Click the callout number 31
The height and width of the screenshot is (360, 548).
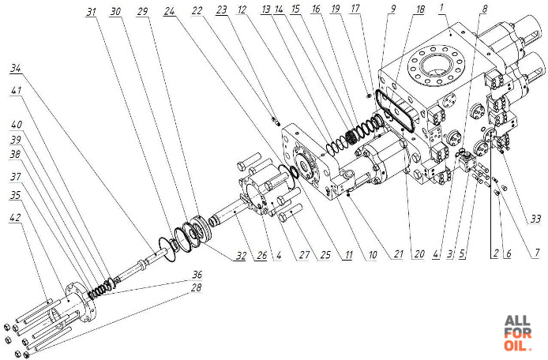point(92,12)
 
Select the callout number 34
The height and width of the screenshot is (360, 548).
point(16,69)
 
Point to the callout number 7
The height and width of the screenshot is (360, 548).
point(535,254)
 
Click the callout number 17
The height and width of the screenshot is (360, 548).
point(355,10)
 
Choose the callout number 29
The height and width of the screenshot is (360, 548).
point(142,12)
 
